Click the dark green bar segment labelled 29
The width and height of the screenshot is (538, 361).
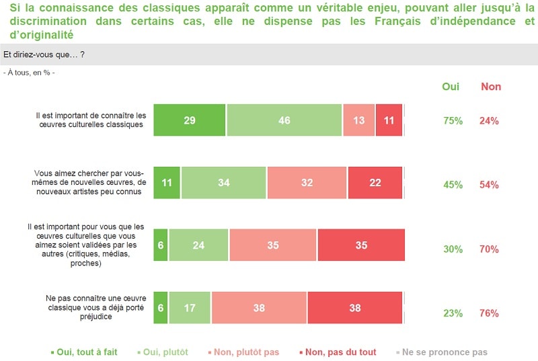tap(189, 120)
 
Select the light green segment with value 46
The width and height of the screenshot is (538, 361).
tap(284, 120)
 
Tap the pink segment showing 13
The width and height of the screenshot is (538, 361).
tap(358, 120)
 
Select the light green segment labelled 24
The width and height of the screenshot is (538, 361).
tap(198, 245)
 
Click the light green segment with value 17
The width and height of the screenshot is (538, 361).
tap(190, 309)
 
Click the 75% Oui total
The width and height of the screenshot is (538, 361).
tap(453, 121)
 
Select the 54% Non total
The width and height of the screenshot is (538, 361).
tap(489, 185)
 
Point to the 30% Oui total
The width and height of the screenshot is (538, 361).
tap(453, 249)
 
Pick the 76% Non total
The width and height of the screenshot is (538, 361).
tap(489, 313)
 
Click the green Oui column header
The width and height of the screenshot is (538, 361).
tap(451, 87)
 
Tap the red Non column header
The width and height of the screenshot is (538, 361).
tap(491, 87)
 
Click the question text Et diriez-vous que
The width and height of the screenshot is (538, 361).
tap(44, 55)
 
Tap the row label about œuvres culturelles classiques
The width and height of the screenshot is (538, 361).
tap(90, 120)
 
